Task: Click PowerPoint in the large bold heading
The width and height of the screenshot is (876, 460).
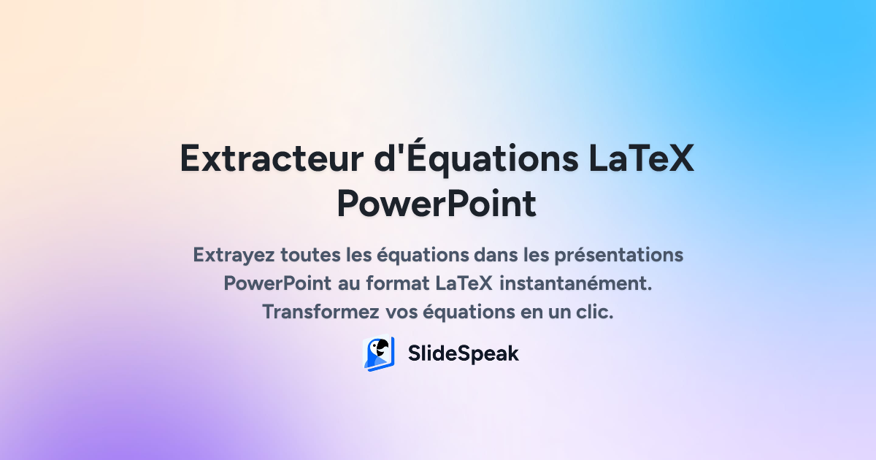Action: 437,204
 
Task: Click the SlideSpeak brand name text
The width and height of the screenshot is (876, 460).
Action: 463,353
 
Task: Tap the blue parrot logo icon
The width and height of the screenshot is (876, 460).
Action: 379,353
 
